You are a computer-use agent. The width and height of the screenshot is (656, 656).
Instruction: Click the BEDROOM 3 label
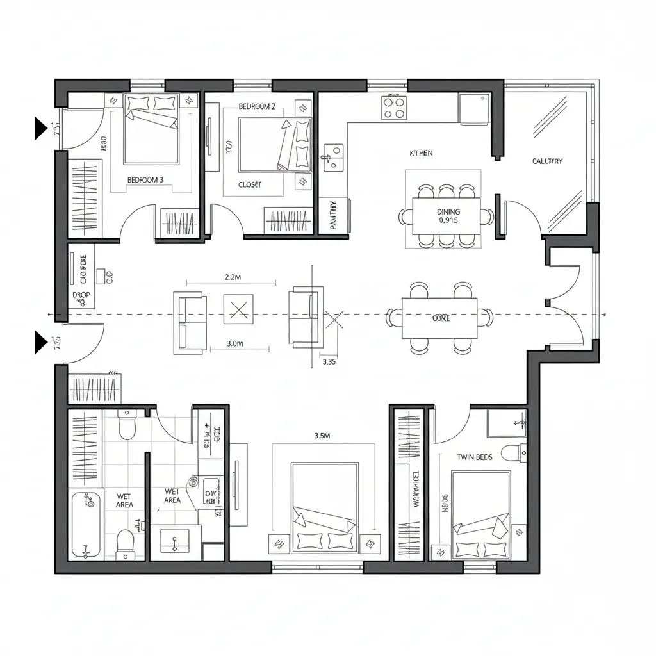click(145, 180)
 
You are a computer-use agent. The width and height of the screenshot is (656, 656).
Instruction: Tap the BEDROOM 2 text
click(257, 107)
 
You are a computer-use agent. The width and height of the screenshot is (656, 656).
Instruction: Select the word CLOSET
click(250, 184)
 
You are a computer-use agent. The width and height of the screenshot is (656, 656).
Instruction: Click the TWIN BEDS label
click(475, 457)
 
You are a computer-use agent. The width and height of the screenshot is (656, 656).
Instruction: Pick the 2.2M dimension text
click(233, 277)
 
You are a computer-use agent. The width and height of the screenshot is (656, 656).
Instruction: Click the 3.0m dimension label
click(235, 343)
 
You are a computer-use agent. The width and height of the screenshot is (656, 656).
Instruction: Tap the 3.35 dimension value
click(329, 361)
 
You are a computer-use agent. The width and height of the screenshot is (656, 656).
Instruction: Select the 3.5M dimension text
click(322, 436)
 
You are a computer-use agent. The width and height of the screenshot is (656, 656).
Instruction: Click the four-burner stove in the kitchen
click(394, 107)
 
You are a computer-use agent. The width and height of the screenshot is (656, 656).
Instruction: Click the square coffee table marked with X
click(238, 309)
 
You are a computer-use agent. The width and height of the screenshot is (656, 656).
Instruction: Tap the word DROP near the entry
click(81, 295)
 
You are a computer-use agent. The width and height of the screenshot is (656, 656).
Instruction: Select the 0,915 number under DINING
click(448, 221)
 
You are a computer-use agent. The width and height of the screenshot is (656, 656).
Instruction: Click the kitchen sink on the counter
click(333, 158)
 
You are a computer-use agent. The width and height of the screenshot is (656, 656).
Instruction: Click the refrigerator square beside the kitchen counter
click(473, 108)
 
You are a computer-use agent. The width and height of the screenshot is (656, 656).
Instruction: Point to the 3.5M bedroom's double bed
click(324, 506)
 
